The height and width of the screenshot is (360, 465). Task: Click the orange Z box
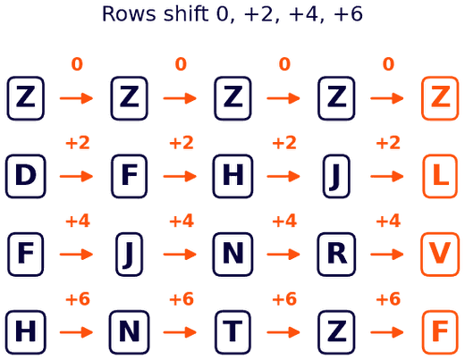click(x=440, y=98)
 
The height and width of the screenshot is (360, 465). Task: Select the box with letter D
click(x=26, y=176)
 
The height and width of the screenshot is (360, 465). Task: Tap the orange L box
click(x=440, y=176)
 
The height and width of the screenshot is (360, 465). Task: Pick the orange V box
click(x=440, y=255)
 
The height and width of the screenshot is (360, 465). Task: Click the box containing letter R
click(x=336, y=255)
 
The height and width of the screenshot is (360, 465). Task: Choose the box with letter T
click(x=232, y=332)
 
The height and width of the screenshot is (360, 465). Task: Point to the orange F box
click(x=440, y=332)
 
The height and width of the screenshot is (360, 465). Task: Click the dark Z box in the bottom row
click(x=336, y=332)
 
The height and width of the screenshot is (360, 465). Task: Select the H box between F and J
click(x=232, y=176)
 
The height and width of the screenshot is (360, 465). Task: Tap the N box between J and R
click(x=232, y=255)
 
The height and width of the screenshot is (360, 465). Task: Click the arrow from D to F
click(x=77, y=176)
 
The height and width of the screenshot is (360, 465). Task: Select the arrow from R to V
click(x=387, y=255)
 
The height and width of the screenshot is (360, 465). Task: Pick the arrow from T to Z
click(x=283, y=332)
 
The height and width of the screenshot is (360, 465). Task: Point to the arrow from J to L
click(x=387, y=176)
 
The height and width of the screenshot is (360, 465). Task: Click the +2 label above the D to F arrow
click(x=78, y=143)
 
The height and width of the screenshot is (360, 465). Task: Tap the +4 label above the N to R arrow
click(x=284, y=221)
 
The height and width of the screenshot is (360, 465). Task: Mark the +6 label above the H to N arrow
click(x=78, y=298)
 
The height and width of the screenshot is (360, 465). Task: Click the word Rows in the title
click(x=129, y=14)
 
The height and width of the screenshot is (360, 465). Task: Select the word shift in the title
click(x=186, y=13)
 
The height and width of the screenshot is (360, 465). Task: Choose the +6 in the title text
click(x=349, y=14)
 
